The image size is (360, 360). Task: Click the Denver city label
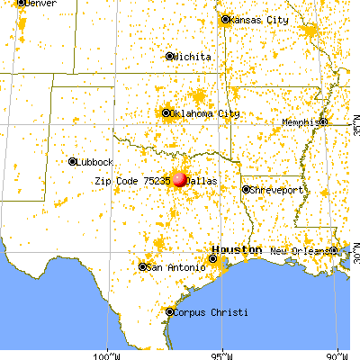pos(36,4)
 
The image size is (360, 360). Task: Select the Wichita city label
pos(193,56)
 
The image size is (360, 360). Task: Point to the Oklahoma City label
pos(206,113)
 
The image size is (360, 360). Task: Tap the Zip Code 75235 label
pos(132,180)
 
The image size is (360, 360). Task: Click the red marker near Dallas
pos(180,179)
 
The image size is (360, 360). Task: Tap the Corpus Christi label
pos(205,311)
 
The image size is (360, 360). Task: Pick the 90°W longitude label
pos(338,353)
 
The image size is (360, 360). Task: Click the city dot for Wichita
pos(170,56)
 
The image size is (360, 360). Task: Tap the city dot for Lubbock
pos(72,162)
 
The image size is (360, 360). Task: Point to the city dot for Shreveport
pos(245,189)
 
